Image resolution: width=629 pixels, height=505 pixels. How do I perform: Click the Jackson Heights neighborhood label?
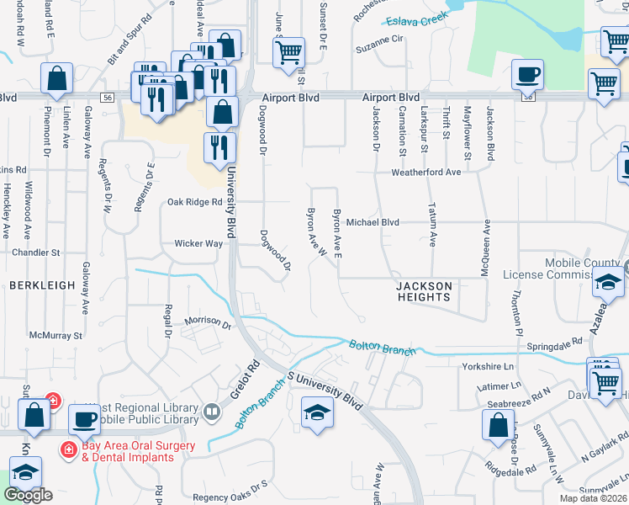pos(425,291)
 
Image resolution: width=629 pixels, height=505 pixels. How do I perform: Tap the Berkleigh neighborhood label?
pos(43,286)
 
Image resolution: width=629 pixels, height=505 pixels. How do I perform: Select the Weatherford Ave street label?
pos(425,172)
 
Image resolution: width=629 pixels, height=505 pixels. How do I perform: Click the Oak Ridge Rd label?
pos(194,202)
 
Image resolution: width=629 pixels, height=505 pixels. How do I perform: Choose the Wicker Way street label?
pos(198,243)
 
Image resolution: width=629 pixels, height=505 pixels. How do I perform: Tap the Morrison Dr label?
pos(208,322)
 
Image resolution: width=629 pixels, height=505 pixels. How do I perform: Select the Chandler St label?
pos(36,252)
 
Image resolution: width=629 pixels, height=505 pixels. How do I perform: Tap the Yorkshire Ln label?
pos(488,367)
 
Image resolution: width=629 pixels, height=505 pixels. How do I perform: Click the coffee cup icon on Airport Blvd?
pos(527,75)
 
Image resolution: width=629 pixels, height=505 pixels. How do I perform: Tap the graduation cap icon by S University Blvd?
pos(317,412)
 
